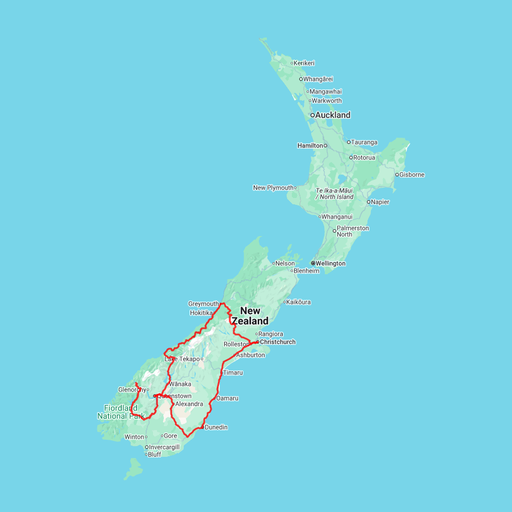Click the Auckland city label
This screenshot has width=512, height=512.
click(x=333, y=115)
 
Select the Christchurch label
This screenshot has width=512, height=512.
click(x=278, y=342)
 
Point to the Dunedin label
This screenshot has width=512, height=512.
click(x=216, y=427)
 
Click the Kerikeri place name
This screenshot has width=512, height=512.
click(x=304, y=63)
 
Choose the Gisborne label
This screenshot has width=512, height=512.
click(x=412, y=175)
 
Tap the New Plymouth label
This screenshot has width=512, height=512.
click(x=273, y=188)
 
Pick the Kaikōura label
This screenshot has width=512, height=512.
click(x=299, y=302)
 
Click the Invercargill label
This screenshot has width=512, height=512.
click(x=164, y=447)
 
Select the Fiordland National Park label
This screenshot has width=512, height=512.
click(x=120, y=412)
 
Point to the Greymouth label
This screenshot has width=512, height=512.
click(x=203, y=304)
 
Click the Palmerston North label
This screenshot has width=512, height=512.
click(x=353, y=231)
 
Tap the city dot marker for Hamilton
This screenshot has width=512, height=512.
click(x=325, y=146)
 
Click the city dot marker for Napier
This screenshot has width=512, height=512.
click(x=369, y=202)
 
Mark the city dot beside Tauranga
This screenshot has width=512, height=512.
click(x=349, y=142)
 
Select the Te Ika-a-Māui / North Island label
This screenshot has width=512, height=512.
click(x=335, y=193)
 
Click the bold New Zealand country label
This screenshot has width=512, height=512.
click(x=250, y=316)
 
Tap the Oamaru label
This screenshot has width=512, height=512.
click(x=228, y=398)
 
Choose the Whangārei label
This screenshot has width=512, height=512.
click(x=318, y=79)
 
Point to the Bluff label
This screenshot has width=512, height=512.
click(x=154, y=455)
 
